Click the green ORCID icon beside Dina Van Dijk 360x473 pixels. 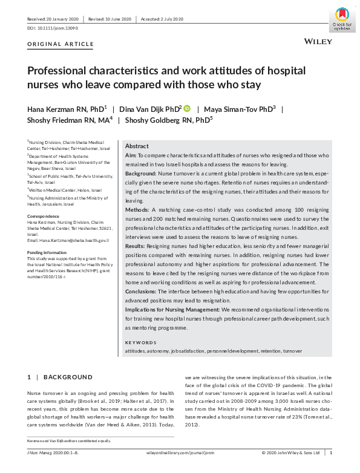(x=187, y=108)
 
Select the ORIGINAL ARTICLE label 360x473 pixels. (x=61, y=44)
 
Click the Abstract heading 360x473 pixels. (x=137, y=146)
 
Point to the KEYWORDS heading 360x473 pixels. (x=140, y=342)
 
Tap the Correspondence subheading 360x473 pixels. (x=43, y=216)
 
